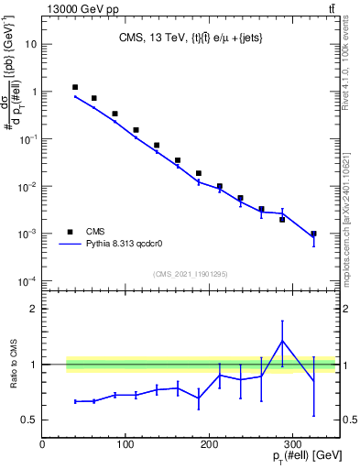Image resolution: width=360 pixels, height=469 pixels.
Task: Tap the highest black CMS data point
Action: pyautogui.click(x=75, y=87)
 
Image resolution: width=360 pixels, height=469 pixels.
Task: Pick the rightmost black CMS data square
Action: pyautogui.click(x=313, y=234)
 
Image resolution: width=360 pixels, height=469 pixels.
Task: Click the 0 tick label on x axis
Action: pyautogui.click(x=42, y=445)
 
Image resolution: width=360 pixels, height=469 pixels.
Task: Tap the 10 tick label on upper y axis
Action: pyautogui.click(x=30, y=44)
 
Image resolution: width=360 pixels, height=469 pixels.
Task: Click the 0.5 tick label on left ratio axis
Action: pyautogui.click(x=28, y=420)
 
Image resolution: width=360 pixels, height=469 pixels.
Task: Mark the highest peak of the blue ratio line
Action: pyautogui.click(x=282, y=341)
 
